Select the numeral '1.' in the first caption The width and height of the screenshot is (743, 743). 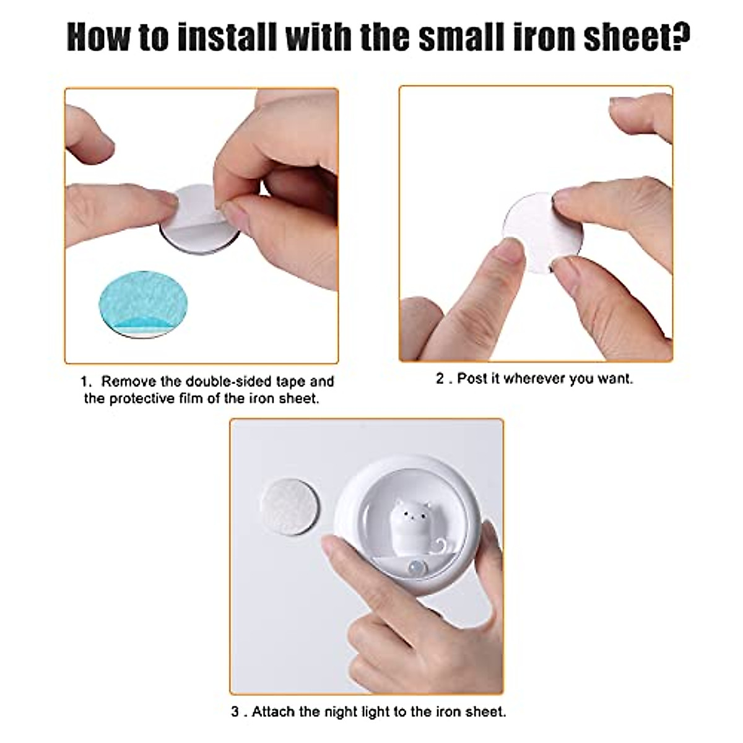tap(86, 381)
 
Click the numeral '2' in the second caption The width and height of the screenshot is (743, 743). tap(440, 378)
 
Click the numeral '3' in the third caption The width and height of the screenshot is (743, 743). tap(235, 711)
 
